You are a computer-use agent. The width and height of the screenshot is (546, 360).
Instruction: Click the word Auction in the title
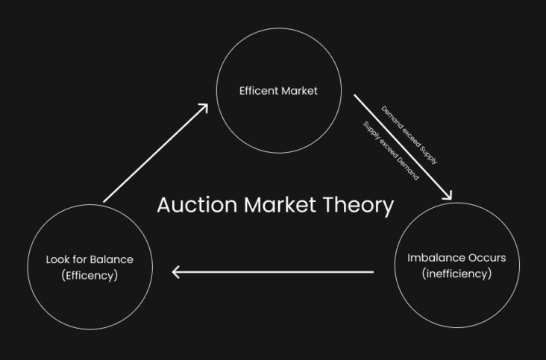pos(197,205)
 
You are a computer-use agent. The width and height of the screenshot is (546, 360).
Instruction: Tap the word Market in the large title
pos(280,205)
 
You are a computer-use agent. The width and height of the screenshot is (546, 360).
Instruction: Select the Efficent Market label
pos(278,91)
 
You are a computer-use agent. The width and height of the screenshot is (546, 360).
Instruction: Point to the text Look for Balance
pos(90,259)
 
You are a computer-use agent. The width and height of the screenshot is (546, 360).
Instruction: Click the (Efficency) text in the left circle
pos(90,276)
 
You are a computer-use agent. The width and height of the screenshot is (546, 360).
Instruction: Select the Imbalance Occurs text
pos(456,258)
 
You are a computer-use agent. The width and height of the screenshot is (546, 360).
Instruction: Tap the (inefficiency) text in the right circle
pos(456,274)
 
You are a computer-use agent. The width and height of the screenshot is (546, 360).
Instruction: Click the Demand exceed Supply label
pos(409,135)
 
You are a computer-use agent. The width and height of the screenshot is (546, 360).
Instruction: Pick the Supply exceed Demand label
pos(391,151)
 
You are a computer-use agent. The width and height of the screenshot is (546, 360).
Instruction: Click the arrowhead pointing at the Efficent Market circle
pos(204,107)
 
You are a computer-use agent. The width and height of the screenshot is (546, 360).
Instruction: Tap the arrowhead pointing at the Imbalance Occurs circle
pos(448,196)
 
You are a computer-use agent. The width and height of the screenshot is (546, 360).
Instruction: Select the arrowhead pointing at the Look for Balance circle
pos(175,272)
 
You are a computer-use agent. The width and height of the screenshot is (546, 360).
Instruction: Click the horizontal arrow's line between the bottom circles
pos(273,272)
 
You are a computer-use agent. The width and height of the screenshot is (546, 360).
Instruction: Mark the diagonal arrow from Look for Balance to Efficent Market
pos(156,153)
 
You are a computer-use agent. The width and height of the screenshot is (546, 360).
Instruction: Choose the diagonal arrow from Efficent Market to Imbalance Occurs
pos(403,147)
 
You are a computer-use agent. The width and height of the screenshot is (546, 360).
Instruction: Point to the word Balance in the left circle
pos(111,259)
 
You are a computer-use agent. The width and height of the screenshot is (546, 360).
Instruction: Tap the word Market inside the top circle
pos(299,91)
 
